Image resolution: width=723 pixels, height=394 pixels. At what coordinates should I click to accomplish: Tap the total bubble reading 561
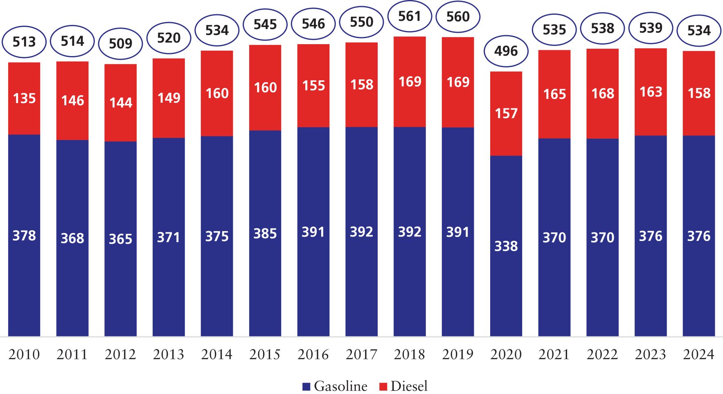[410, 16]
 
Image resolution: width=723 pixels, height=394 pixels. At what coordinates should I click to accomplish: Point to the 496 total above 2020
[506, 51]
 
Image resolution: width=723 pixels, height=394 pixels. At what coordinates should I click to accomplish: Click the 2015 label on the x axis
[265, 354]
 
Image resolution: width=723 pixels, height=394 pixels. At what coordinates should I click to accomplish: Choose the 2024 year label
[699, 354]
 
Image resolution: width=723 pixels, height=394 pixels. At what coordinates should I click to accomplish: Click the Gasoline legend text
[340, 386]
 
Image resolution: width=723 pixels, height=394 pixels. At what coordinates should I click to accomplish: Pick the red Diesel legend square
[383, 387]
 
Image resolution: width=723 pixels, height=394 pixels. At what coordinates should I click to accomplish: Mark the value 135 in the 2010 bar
[24, 99]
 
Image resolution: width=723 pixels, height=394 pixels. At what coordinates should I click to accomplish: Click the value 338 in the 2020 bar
[506, 246]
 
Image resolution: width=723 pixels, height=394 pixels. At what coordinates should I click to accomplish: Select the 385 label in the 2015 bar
[265, 234]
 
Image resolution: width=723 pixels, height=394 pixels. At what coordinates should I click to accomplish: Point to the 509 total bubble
[121, 43]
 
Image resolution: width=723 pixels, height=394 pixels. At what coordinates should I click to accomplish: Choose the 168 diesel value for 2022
[603, 94]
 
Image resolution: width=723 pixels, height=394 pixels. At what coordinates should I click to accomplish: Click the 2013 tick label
[169, 354]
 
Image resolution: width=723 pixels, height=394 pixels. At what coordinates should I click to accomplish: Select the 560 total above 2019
[458, 17]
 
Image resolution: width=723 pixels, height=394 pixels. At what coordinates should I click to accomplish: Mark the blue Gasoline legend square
[306, 387]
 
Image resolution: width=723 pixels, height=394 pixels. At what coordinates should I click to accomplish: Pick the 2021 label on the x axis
[554, 354]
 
